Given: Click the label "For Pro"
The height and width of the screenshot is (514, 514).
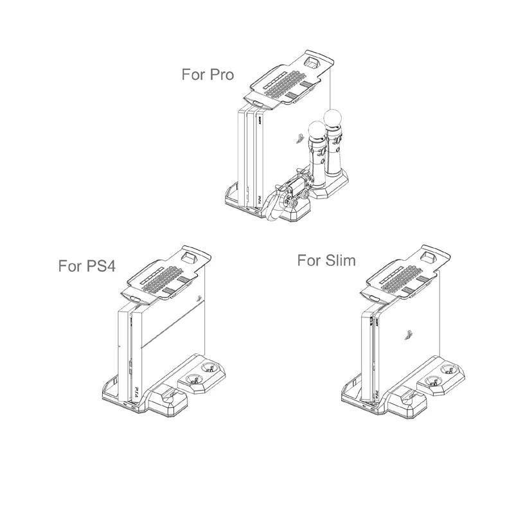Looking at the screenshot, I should click(208, 74).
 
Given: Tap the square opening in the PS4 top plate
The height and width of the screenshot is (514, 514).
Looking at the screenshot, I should click(191, 255).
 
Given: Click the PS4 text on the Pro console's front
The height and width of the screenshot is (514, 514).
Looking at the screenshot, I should click(253, 201).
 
